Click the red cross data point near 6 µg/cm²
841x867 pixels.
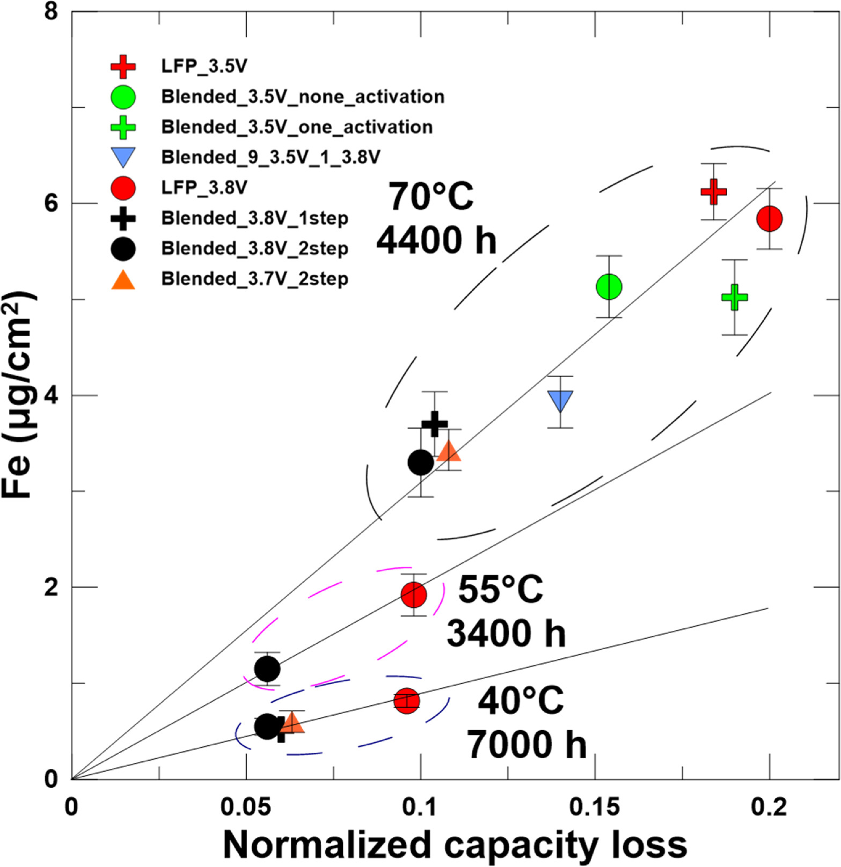click(713, 191)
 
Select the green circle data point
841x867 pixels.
click(609, 286)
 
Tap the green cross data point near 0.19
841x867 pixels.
click(734, 297)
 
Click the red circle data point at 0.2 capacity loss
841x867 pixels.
click(769, 218)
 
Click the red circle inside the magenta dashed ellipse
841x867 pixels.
click(414, 594)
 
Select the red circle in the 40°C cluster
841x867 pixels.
click(406, 701)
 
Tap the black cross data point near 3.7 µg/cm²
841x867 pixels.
click(434, 424)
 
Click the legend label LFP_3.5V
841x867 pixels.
click(204, 66)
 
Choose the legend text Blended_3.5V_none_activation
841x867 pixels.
click(303, 97)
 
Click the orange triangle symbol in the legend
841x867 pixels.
click(123, 280)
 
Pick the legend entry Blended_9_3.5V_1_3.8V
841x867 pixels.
click(270, 157)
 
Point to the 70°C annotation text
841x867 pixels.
click(431, 196)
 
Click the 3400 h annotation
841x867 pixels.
click(506, 634)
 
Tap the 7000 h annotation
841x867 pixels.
click(525, 745)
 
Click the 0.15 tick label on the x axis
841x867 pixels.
click(594, 807)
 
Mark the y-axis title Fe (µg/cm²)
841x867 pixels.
click(18, 395)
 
